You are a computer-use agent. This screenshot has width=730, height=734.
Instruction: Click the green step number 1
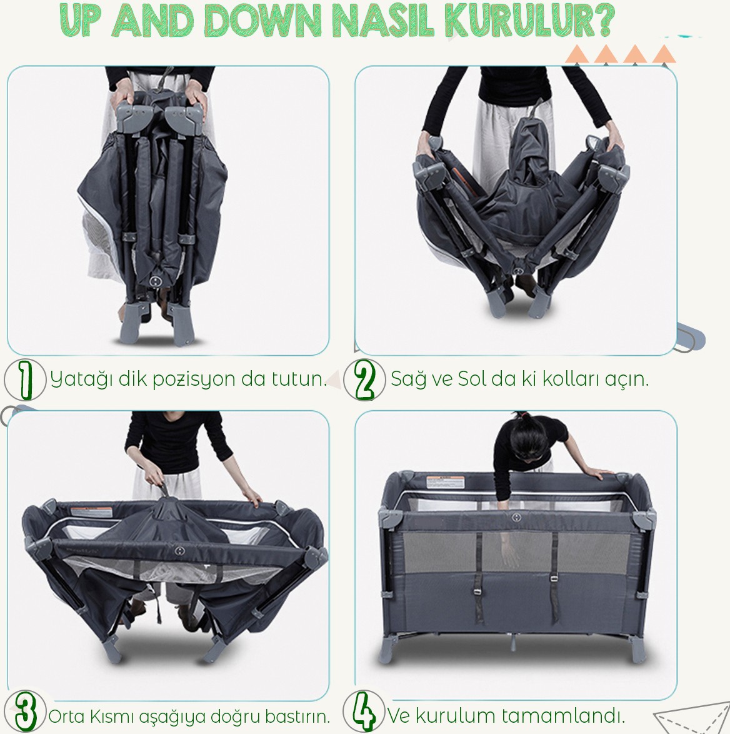tap(26, 379)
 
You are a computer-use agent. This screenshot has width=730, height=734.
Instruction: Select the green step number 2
tap(364, 379)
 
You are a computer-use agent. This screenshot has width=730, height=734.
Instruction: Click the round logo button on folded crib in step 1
tap(156, 280)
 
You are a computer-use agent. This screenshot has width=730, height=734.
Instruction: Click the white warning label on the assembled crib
tap(445, 482)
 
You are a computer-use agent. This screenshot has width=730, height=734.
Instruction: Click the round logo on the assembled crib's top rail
tap(516, 517)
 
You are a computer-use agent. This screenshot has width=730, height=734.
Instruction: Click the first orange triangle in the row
tap(579, 54)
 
